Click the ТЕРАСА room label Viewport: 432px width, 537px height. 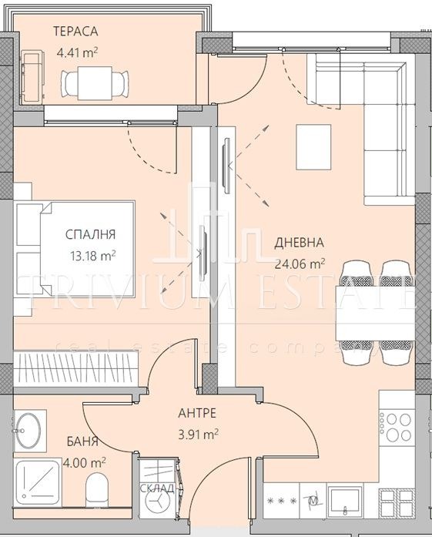pyautogui.click(x=75, y=32)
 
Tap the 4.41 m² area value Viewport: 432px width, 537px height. pyautogui.click(x=78, y=53)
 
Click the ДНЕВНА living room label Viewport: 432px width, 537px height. pyautogui.click(x=299, y=243)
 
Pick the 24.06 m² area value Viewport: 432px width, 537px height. pyautogui.click(x=300, y=263)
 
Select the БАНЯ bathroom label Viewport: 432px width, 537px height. pyautogui.click(x=82, y=441)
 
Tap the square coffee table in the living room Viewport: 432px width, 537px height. pyautogui.click(x=313, y=147)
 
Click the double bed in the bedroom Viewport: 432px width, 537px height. pyautogui.click(x=75, y=248)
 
